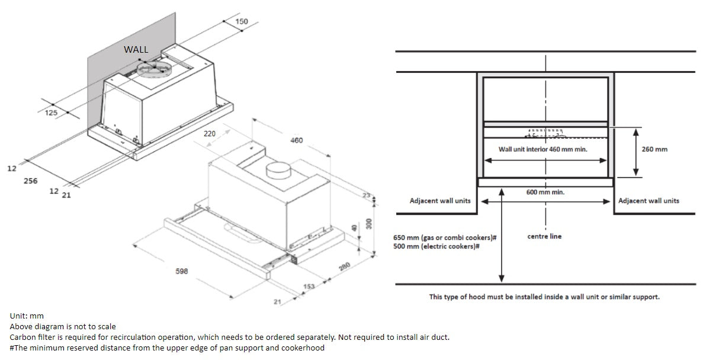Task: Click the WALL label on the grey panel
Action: [136, 50]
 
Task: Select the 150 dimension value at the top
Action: [242, 22]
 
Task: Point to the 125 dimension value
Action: [51, 113]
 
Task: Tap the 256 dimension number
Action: [30, 181]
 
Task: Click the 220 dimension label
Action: [210, 134]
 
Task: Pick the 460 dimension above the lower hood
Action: [296, 140]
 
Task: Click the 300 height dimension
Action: [369, 224]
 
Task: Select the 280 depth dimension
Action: [344, 267]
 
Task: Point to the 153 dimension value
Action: [309, 287]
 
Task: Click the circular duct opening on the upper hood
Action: [155, 69]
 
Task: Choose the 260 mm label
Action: [654, 149]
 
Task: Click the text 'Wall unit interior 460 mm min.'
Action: [543, 149]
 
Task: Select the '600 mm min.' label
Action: [545, 192]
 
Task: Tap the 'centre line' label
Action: [544, 236]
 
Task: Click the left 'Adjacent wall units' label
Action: [440, 201]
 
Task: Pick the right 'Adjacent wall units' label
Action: [649, 201]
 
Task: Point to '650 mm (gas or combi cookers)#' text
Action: [444, 237]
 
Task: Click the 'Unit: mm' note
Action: [27, 316]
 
